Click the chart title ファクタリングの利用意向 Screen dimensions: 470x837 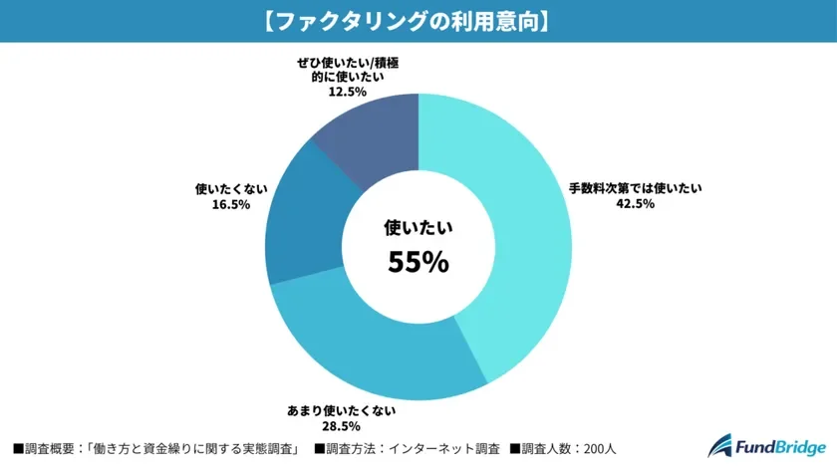pos(418,20)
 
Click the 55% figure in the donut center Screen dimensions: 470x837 pos(418,262)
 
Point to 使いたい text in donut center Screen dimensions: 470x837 pos(418,228)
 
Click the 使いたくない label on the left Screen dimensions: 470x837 pos(229,187)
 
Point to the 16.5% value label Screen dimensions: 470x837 pos(229,204)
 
